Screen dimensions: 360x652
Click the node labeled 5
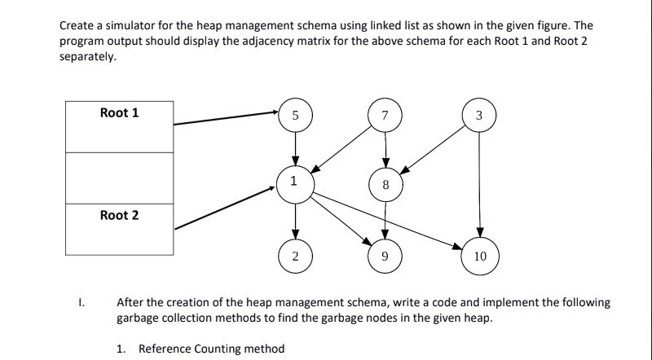click(296, 115)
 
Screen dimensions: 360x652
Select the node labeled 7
click(386, 115)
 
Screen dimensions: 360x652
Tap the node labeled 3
click(479, 115)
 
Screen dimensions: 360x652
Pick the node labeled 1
click(296, 180)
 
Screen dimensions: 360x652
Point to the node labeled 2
click(296, 256)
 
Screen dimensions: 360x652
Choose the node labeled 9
click(386, 256)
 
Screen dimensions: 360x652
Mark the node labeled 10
click(479, 256)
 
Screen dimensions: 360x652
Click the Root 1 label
click(119, 113)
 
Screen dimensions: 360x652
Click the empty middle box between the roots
click(119, 178)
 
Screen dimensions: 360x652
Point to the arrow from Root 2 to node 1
click(224, 207)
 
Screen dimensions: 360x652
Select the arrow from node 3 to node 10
click(479, 183)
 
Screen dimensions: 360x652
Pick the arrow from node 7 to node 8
click(386, 148)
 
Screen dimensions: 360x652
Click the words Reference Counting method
click(211, 349)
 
